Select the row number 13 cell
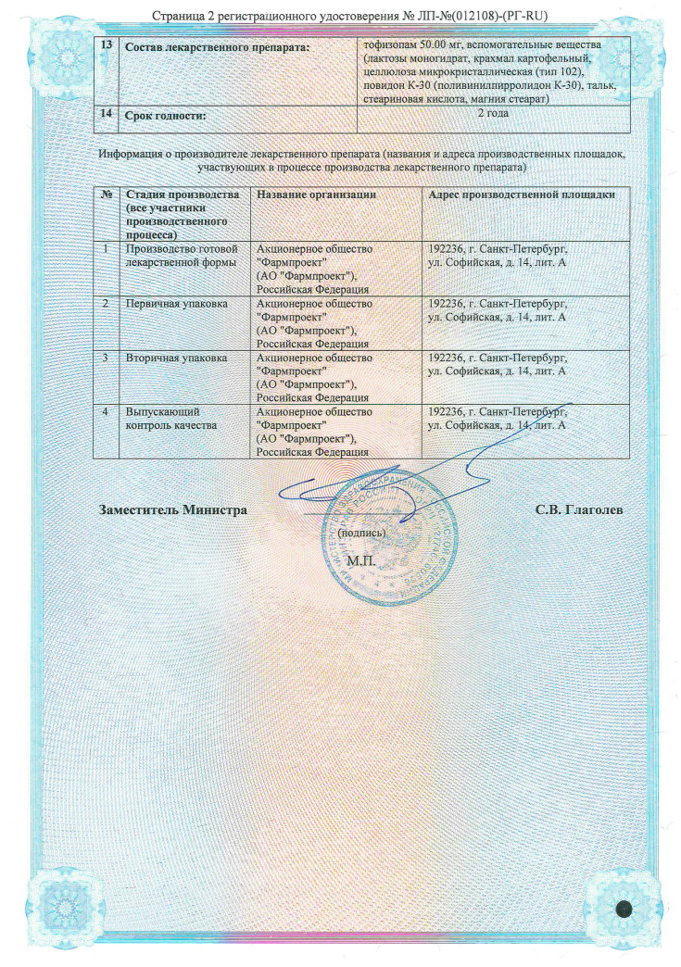tap(107, 46)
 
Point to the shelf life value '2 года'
tap(493, 114)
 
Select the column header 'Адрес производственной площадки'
tap(522, 195)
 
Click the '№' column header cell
tap(107, 195)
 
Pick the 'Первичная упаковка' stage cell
tap(176, 303)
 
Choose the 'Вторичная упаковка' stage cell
tap(176, 357)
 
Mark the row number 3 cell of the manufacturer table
tap(107, 357)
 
